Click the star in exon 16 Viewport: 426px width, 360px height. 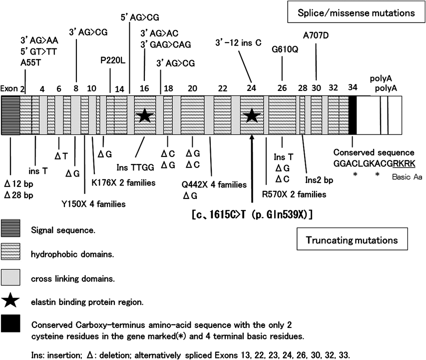144,116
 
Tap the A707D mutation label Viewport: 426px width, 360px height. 316,35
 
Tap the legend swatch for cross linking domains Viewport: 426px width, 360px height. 10,277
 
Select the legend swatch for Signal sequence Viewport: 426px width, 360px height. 10,231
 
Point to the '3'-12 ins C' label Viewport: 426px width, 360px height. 239,42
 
